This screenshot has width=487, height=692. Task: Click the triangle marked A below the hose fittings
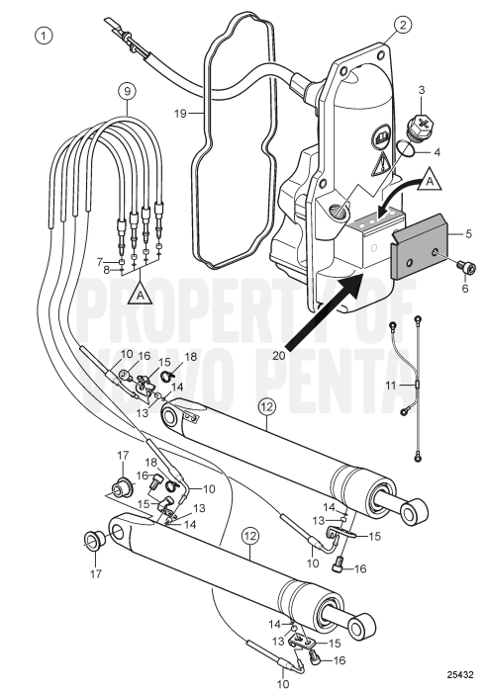(140, 294)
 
